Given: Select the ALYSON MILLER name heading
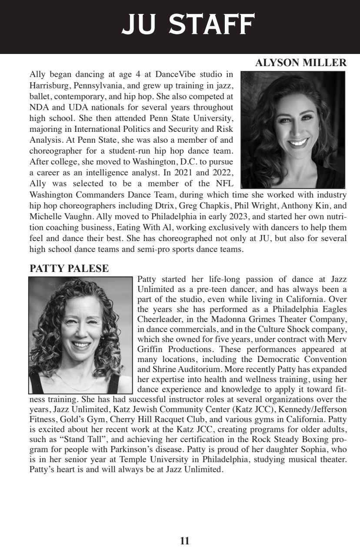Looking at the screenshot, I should click(x=300, y=63).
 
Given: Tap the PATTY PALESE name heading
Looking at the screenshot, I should click(x=69, y=269).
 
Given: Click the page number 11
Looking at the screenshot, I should click(x=184, y=541).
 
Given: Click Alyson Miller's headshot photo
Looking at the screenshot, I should click(x=293, y=130).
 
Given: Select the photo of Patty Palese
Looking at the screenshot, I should click(x=80, y=335).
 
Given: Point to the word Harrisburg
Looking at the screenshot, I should click(x=49, y=84).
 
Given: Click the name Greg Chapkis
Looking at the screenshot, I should click(x=193, y=205).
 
